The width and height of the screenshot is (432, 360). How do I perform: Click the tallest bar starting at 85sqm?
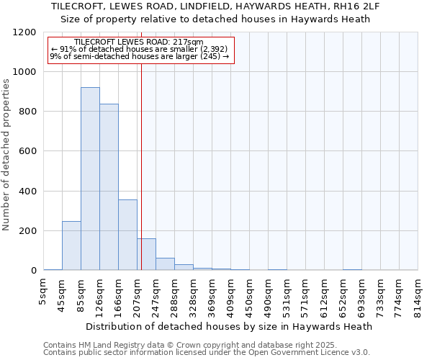tap(90, 179)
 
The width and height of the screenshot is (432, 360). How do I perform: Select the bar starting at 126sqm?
tap(109, 187)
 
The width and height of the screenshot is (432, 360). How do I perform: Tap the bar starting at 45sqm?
tap(71, 246)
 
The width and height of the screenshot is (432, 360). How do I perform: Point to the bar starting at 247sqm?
tap(165, 264)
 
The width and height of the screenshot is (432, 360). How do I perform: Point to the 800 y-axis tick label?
tap(28, 112)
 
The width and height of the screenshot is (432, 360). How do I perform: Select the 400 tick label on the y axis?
tap(28, 192)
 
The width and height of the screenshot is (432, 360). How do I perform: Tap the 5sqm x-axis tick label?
tap(44, 292)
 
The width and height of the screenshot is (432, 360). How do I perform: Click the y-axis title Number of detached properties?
tap(6, 155)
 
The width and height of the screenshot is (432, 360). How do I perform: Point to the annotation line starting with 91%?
tap(139, 50)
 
